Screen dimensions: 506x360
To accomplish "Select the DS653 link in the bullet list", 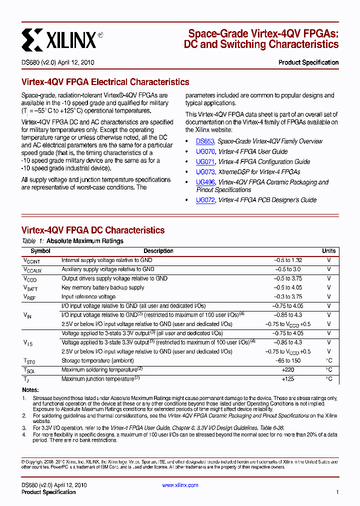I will tap(205, 141).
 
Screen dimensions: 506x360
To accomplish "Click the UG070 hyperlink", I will tap(205, 151).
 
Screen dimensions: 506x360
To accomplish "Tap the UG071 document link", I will tap(205, 161).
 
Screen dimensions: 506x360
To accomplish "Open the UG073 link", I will tap(205, 171).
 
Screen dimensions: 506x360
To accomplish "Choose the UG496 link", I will tap(205, 182).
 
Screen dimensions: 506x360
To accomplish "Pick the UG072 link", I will tap(205, 200).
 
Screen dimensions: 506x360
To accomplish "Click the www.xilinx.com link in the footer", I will tap(180, 485).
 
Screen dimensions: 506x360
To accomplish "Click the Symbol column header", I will tap(40, 251).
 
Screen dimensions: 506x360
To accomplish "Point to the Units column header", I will tap(328, 251).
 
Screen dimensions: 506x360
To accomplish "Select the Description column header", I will tap(158, 251).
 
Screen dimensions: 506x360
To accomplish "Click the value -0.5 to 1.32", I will tap(287, 260).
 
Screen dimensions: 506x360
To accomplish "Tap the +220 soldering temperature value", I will tap(287, 370).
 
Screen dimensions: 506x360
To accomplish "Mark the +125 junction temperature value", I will tap(287, 379).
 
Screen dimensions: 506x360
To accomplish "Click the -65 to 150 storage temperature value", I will tap(287, 361).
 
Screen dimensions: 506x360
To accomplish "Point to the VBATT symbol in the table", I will tap(30, 288).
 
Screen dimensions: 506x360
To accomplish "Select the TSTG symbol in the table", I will tap(29, 361).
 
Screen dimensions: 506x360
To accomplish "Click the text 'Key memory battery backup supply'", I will tap(102, 287).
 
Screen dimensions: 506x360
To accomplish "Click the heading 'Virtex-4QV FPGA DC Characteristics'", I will tap(93, 230).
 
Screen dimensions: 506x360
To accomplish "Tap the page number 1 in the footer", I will tap(337, 492).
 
